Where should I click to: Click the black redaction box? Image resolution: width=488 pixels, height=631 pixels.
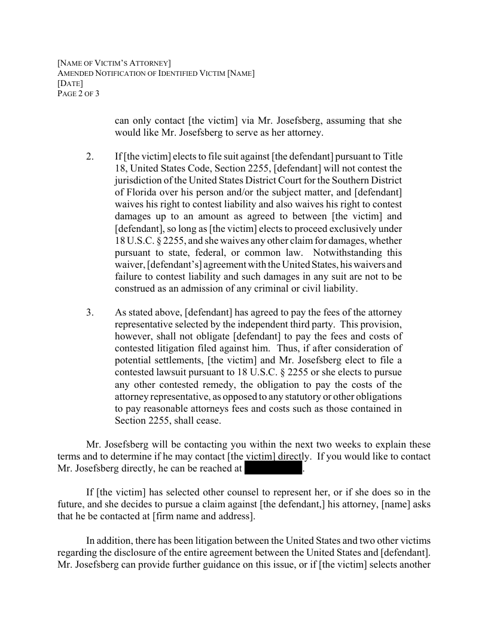click(x=273, y=469)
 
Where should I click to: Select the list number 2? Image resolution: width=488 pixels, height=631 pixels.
click(x=90, y=157)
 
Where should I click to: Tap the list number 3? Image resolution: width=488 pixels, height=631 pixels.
click(x=90, y=313)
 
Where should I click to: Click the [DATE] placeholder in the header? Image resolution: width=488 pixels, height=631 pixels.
click(x=70, y=84)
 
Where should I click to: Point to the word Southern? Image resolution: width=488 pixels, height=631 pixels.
click(x=345, y=180)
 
